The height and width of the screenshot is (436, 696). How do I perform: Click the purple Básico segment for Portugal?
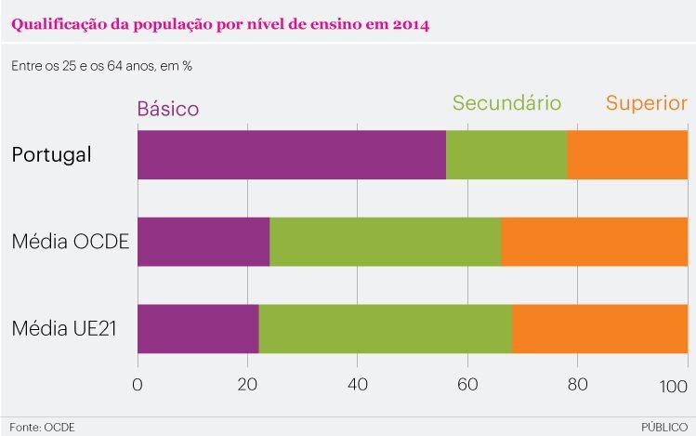[x=291, y=154]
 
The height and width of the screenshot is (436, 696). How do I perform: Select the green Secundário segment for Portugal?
[x=506, y=154]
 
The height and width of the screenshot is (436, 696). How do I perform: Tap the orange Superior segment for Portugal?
[x=627, y=154]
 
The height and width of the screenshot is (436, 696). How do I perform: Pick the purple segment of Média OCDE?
[x=204, y=242]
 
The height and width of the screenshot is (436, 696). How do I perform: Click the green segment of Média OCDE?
[x=385, y=242]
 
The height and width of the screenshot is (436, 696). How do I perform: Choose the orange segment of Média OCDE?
[x=595, y=242]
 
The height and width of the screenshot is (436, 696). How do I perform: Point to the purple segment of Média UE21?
[x=198, y=328]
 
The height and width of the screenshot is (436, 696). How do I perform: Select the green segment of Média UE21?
[x=385, y=328]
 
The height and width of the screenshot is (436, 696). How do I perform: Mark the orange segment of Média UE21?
[x=599, y=328]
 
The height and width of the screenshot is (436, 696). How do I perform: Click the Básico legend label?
[x=168, y=109]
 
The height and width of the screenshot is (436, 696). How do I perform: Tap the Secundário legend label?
[x=506, y=103]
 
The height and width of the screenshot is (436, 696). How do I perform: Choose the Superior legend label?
[x=646, y=103]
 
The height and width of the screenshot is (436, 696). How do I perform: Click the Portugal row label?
[x=51, y=154]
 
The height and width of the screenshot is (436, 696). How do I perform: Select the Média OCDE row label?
[x=70, y=243]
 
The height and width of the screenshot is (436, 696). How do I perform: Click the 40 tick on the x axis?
[x=357, y=386]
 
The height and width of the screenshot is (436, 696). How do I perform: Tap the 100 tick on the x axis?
[x=673, y=386]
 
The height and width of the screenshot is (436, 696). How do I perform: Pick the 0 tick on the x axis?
[x=138, y=386]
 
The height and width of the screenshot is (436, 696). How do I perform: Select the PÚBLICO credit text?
[x=663, y=427]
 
